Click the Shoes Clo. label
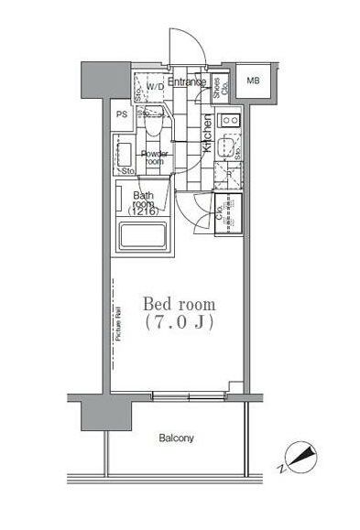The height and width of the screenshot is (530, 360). click(x=218, y=88)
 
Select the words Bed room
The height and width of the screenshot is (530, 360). click(x=179, y=303)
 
